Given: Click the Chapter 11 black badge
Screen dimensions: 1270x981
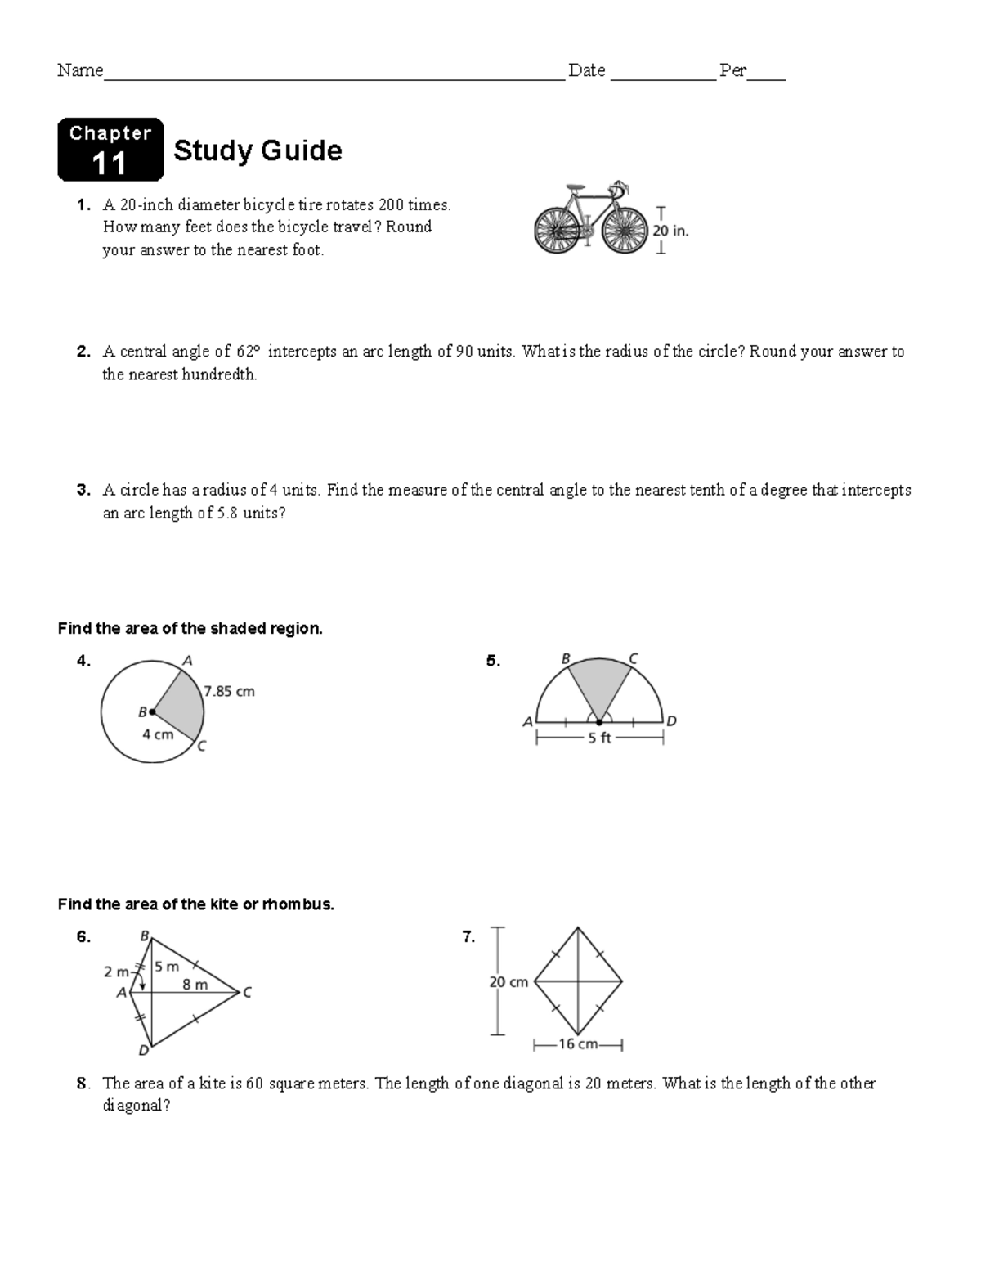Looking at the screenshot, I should tap(110, 150).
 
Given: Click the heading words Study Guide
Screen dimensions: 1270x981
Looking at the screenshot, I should tap(258, 150).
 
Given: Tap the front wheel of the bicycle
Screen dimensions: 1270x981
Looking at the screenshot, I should tap(625, 229).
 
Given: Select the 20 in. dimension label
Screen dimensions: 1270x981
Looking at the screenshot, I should tap(670, 231).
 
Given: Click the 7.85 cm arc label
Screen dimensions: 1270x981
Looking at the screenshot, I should tap(230, 692).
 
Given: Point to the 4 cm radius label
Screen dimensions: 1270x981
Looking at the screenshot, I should tap(158, 734).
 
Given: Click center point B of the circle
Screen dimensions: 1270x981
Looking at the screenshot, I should tap(152, 712).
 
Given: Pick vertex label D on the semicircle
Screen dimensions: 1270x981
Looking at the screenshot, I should tap(671, 721).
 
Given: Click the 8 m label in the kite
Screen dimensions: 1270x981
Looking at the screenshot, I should tap(195, 985).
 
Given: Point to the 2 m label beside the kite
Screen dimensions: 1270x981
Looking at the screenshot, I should tap(116, 972).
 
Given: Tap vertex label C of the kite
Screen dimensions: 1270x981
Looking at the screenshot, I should tap(247, 993).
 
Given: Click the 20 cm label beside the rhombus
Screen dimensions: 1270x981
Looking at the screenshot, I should tap(508, 982).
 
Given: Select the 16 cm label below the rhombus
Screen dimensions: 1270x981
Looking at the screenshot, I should tap(577, 1044).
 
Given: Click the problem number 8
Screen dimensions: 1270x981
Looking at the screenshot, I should tap(82, 1084).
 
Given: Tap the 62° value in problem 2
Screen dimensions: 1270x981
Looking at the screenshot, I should tap(248, 352).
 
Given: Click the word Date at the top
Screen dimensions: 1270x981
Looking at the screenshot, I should tap(587, 71).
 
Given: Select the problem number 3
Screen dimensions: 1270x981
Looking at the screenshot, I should tap(83, 491).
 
